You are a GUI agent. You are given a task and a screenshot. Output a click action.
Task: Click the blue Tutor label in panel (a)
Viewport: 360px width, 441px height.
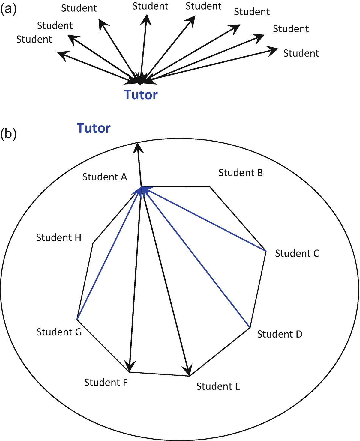click(141, 95)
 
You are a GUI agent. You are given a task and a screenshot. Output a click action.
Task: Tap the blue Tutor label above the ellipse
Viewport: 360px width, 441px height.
click(94, 128)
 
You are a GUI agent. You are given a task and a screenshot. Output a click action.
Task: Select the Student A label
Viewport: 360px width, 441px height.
click(105, 177)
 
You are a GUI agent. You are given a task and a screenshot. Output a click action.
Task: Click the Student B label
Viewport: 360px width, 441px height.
click(241, 173)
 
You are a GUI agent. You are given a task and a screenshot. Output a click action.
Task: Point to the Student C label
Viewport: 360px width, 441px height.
click(297, 253)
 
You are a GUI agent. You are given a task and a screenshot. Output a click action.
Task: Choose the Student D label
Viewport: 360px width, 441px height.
click(280, 334)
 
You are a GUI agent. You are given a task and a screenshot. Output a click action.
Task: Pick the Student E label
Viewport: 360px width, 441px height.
click(218, 386)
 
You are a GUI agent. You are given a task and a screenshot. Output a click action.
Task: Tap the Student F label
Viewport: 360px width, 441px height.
click(106, 382)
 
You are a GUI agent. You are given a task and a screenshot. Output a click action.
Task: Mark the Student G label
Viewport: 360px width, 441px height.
click(59, 332)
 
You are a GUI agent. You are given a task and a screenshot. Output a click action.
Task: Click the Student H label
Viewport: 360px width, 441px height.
click(58, 237)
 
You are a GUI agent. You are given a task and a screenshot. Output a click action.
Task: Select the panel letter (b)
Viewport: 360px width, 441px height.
click(8, 134)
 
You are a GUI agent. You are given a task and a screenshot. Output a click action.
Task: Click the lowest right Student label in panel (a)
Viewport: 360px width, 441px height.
click(301, 53)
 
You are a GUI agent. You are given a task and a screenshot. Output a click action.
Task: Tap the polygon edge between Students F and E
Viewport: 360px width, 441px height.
click(159, 374)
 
